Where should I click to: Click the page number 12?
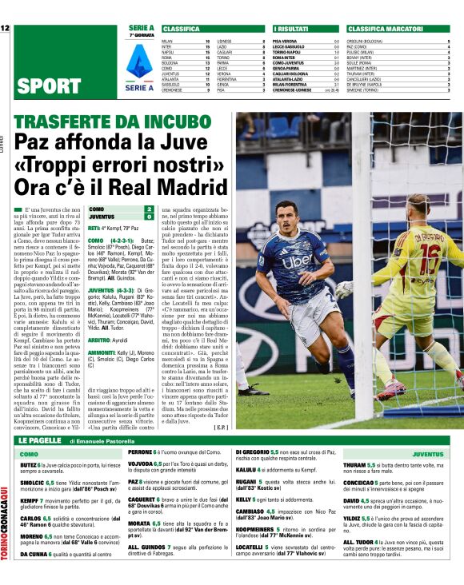[x=6, y=29]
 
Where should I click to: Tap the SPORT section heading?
[x=50, y=86]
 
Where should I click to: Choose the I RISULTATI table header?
[x=289, y=29]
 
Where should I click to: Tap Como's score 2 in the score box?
[x=148, y=209]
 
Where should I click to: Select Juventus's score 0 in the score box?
[x=148, y=217]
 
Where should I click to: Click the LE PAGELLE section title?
[x=39, y=440]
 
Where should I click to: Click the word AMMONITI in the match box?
[x=102, y=352]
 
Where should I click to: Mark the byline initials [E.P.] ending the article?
[x=222, y=427]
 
